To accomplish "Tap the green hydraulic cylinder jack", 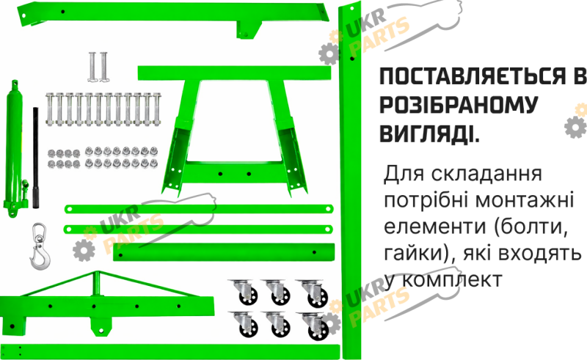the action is pyautogui.click(x=14, y=150).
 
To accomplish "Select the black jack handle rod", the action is pyautogui.click(x=35, y=158).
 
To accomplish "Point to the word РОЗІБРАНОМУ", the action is pyautogui.click(x=459, y=105).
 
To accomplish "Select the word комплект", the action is pyautogui.click(x=453, y=279).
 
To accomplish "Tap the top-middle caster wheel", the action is pyautogui.click(x=277, y=292).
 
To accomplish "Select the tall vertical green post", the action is pyautogui.click(x=350, y=180).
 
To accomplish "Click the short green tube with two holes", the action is pyautogui.click(x=224, y=252).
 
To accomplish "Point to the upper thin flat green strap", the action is pyautogui.click(x=199, y=209).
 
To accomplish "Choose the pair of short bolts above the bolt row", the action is pyautogui.click(x=98, y=67).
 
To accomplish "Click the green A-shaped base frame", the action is pyautogui.click(x=235, y=131).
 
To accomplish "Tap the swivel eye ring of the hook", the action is pyautogui.click(x=39, y=231).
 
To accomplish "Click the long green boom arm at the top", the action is pyautogui.click(x=172, y=17).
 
